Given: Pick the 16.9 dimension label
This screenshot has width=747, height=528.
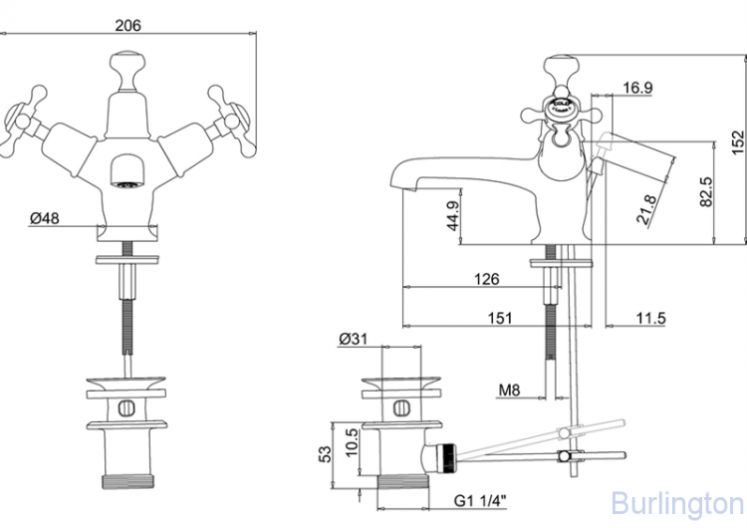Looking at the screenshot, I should [x=637, y=89].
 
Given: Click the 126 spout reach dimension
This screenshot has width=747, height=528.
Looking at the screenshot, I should [x=485, y=279].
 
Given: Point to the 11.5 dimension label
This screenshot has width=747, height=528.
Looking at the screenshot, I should [x=649, y=318].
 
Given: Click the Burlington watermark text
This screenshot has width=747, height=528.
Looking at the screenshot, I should [x=676, y=501].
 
